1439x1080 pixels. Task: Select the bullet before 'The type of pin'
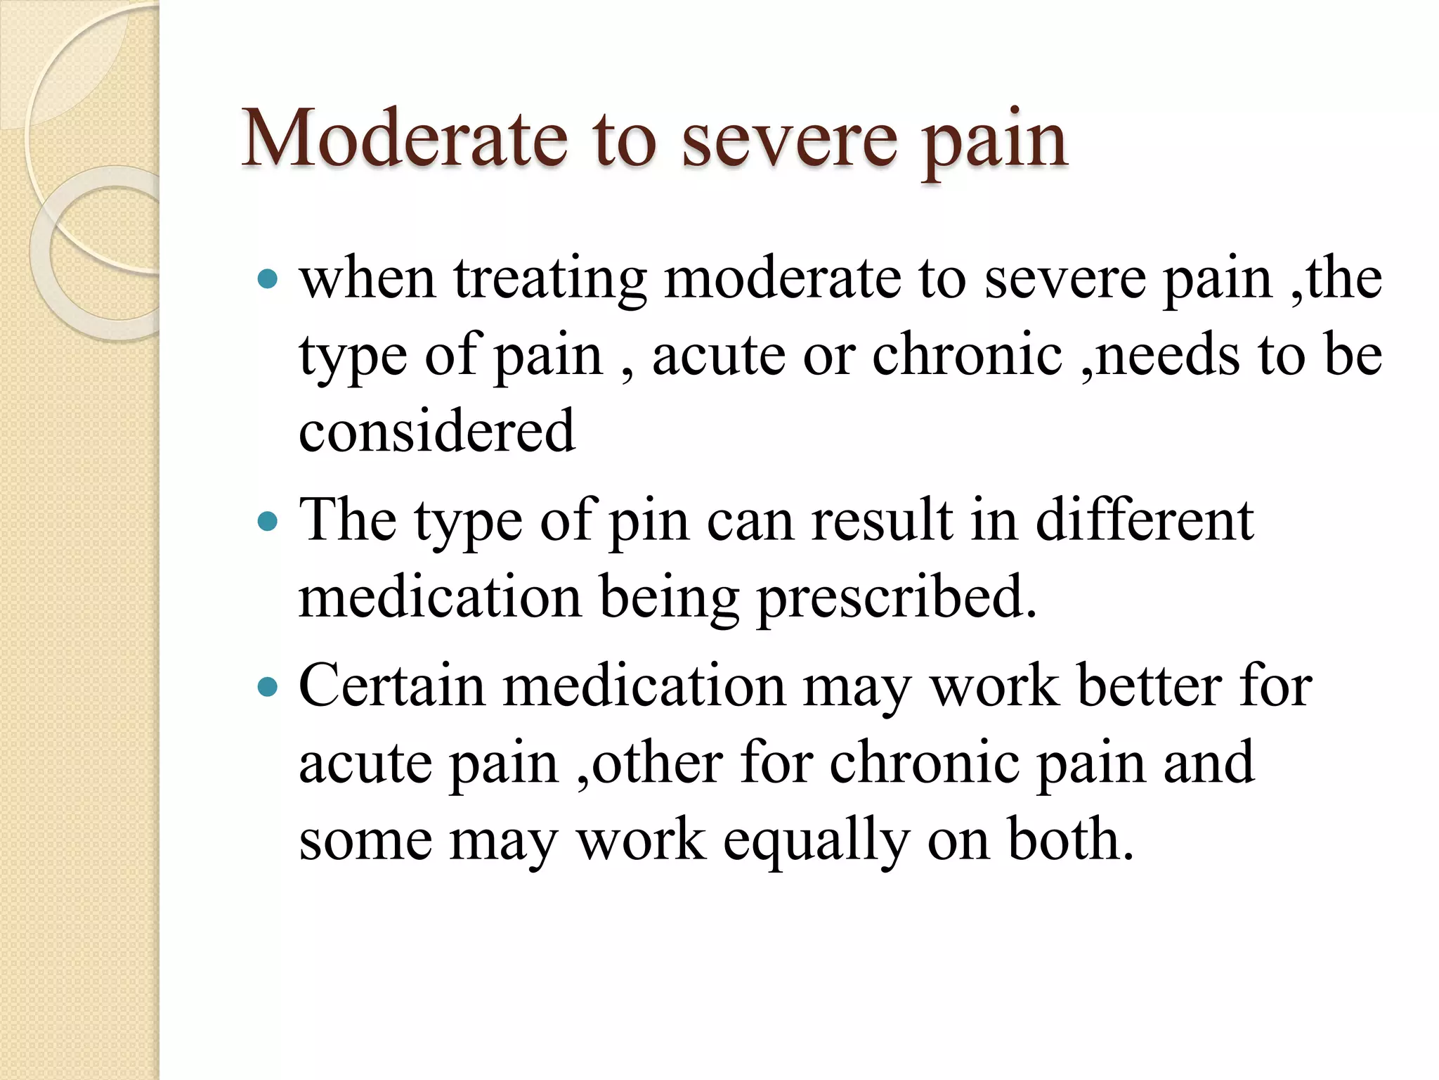coord(268,522)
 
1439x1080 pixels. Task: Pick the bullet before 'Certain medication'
coord(268,687)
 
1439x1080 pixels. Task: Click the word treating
coord(550,280)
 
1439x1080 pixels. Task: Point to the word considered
coord(436,430)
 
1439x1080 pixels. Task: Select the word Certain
coord(391,686)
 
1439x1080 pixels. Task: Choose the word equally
coord(816,840)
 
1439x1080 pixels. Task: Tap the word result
coord(883,520)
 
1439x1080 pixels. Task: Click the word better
coord(1150,686)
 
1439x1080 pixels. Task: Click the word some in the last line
coord(365,840)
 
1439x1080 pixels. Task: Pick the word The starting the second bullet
coord(347,520)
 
